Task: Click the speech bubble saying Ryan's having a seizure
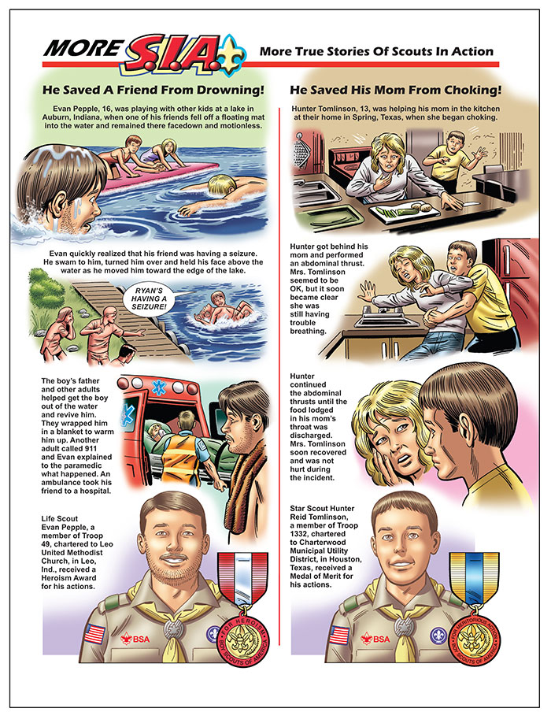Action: click(x=150, y=298)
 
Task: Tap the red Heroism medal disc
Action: click(x=242, y=638)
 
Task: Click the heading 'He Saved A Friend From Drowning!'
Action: click(x=153, y=90)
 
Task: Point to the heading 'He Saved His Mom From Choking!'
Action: click(x=396, y=90)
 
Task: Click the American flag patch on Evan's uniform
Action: click(x=94, y=634)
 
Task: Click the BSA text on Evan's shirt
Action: click(x=141, y=639)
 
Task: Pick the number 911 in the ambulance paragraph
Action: click(x=91, y=448)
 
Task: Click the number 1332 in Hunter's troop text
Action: click(x=298, y=533)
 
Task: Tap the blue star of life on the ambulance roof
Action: click(x=158, y=387)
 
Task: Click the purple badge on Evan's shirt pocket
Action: click(x=213, y=633)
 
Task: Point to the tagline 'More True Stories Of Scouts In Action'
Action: click(x=376, y=51)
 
